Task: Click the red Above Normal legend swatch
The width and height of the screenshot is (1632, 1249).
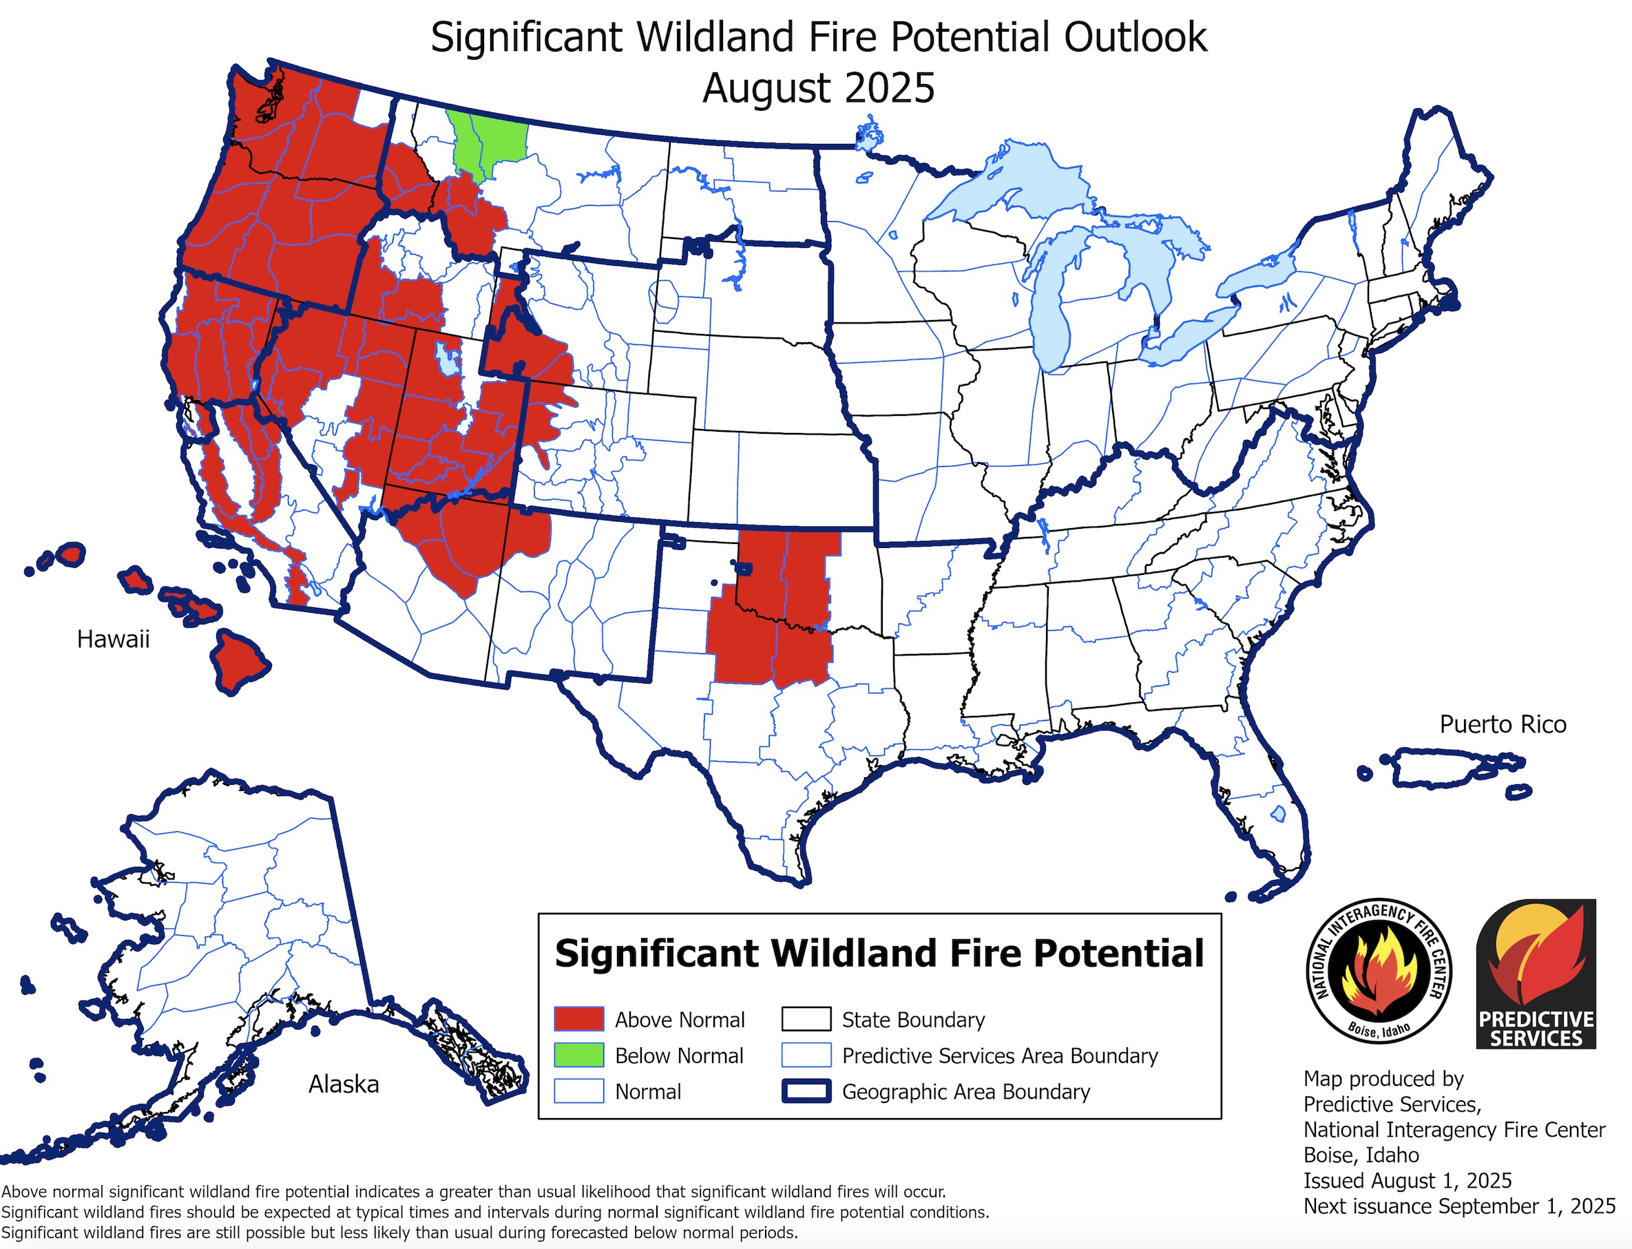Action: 578,1019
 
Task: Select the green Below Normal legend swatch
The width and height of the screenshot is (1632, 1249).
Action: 578,1055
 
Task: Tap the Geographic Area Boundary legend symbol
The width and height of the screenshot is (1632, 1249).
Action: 806,1091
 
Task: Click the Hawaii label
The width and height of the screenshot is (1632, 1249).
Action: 113,639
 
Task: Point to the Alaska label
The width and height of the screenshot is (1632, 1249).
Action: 344,1084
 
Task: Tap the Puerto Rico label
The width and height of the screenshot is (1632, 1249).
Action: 1503,724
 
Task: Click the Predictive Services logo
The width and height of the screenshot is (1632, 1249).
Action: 1536,974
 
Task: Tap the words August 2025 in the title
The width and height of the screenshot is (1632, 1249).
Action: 818,87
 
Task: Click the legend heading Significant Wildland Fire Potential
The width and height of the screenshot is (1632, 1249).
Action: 879,953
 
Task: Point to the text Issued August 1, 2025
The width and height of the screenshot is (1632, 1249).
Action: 1408,1181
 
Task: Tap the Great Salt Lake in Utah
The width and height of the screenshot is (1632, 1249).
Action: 448,359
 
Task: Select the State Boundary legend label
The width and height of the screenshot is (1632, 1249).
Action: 913,1019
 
